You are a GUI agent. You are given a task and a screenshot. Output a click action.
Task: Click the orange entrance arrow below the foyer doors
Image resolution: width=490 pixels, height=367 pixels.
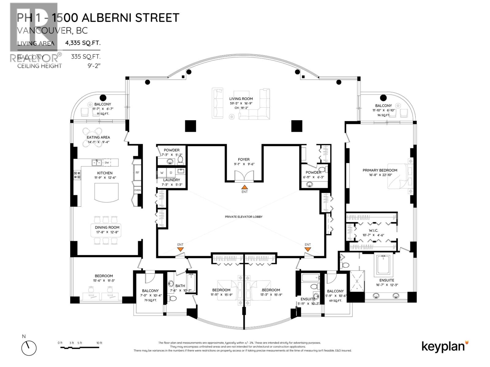pyautogui.click(x=244, y=187)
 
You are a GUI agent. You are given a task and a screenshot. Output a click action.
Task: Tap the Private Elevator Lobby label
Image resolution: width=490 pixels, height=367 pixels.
pyautogui.click(x=243, y=217)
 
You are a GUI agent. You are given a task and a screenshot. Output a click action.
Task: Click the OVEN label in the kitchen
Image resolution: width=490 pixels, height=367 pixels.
pyautogui.click(x=137, y=190)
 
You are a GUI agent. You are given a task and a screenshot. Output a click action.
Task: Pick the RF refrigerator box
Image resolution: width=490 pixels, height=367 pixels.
pyautogui.click(x=137, y=172)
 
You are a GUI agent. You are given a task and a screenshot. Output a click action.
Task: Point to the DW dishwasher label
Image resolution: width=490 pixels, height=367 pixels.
pyautogui.click(x=107, y=163)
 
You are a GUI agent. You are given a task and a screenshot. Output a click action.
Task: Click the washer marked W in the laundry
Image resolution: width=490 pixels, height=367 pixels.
pyautogui.click(x=162, y=173)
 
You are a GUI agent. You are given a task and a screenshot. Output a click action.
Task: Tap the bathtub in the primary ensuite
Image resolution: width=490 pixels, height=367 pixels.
pyautogui.click(x=383, y=265)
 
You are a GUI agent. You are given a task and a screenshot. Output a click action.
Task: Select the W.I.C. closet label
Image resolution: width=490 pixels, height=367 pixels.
pyautogui.click(x=373, y=230)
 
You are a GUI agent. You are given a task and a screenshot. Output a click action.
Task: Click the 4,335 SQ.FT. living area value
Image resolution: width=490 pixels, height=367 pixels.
pyautogui.click(x=83, y=43)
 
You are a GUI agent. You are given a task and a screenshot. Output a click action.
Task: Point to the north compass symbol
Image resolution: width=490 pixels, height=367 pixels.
pyautogui.click(x=29, y=348)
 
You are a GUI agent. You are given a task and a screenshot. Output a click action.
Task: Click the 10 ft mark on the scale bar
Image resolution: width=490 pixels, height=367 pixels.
pyautogui.click(x=99, y=343)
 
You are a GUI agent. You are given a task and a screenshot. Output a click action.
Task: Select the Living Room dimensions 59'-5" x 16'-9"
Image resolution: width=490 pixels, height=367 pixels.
pyautogui.click(x=241, y=103)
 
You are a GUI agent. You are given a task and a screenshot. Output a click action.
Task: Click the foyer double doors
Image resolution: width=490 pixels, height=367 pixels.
pyautogui.click(x=244, y=176)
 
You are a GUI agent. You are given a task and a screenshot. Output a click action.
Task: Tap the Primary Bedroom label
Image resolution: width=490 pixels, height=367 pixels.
pyautogui.click(x=380, y=170)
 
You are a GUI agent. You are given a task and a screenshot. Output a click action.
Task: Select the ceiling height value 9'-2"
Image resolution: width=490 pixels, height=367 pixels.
pyautogui.click(x=93, y=66)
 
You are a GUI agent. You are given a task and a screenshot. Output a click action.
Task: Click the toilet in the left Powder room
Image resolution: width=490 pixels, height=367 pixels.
pyautogui.click(x=180, y=160)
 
